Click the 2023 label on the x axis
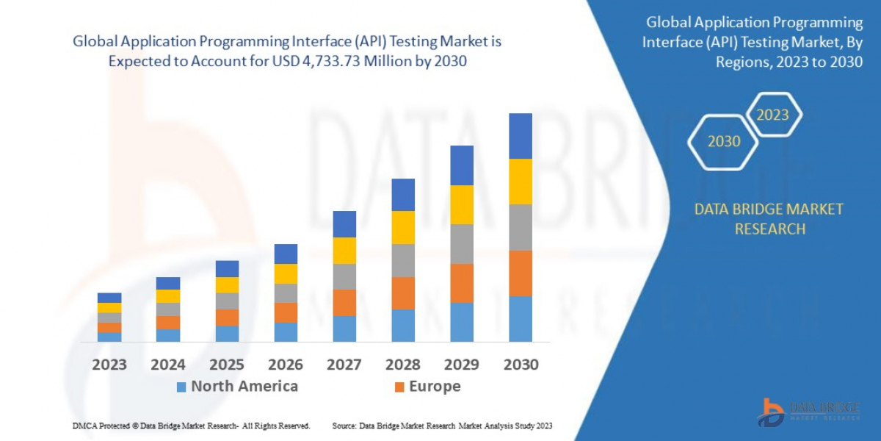coord(109,365)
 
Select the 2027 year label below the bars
coord(344,365)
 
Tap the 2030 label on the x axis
coord(521,365)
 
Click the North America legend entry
coord(236,387)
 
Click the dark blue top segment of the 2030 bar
coord(521,136)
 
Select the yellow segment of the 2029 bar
coord(462,204)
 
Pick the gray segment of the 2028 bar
coord(403,260)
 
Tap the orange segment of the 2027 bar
coord(344,302)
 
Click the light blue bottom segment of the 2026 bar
coord(286,332)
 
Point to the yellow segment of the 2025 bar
coord(227,285)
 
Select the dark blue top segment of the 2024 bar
coord(168,283)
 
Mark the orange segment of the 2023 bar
coord(109,327)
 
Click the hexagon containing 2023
coord(772,115)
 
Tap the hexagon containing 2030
coord(724,141)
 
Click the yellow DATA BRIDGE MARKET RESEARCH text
coord(769,219)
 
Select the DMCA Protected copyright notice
coord(191,426)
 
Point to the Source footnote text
coord(442,426)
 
